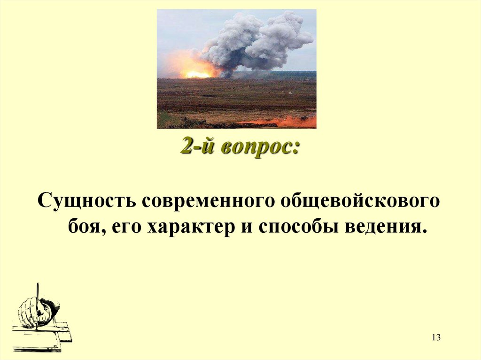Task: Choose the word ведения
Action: pyautogui.click(x=387, y=228)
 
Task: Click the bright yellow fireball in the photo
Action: pyautogui.click(x=197, y=74)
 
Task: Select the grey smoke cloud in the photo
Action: pyautogui.click(x=256, y=40)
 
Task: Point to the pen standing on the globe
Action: pyautogui.click(x=38, y=300)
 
